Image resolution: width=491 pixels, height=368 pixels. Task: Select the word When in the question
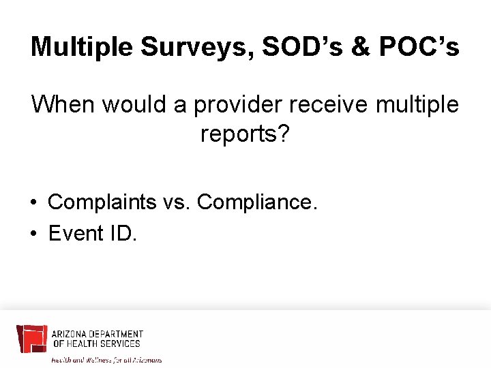[x=62, y=105]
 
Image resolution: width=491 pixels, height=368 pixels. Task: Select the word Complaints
[x=101, y=202]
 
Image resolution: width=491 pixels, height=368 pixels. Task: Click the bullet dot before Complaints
[x=33, y=203]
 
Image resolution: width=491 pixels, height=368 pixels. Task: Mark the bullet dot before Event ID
[x=33, y=234]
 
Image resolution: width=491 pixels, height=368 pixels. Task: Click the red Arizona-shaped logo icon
[x=31, y=339]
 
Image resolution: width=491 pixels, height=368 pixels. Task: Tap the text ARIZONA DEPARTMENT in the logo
[x=98, y=334]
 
